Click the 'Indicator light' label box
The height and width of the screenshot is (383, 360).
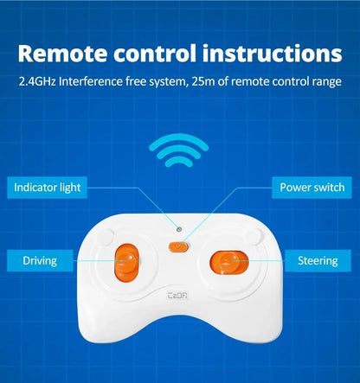point(47,188)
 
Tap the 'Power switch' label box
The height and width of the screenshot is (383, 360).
point(312,188)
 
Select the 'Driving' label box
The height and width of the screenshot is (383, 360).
point(40,260)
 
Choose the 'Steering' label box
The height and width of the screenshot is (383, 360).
point(318,260)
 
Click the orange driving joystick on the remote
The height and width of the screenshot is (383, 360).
point(127,263)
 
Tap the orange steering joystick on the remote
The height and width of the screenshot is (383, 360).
point(229,262)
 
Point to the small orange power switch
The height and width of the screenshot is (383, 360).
point(179,246)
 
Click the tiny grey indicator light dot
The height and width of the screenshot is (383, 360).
point(179,229)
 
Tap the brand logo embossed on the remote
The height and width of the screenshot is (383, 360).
point(177,295)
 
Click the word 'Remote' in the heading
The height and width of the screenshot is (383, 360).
point(62,54)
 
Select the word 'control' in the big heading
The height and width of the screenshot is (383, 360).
point(155,54)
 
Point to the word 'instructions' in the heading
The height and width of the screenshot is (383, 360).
point(273,54)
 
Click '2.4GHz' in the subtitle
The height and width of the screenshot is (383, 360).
point(37,81)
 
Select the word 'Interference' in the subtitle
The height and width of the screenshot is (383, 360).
point(91,81)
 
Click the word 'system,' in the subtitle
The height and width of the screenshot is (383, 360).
point(167,82)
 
